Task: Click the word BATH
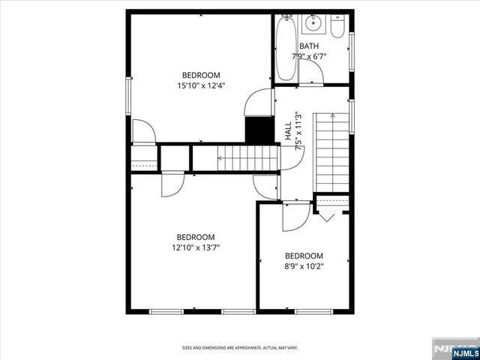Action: click(x=309, y=46)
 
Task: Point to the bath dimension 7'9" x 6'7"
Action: click(x=309, y=56)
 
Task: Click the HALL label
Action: click(x=288, y=130)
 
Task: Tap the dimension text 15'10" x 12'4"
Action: click(x=201, y=85)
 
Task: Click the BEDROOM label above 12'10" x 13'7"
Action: click(x=195, y=235)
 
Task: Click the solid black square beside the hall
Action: click(x=256, y=129)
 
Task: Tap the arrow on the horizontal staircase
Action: click(x=222, y=158)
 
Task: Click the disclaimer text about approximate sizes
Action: click(x=240, y=347)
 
